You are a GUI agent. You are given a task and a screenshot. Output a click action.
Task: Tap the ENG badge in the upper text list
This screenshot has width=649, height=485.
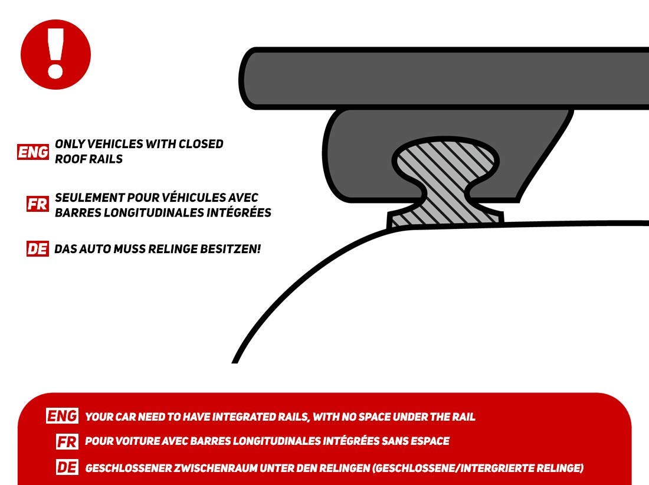(33, 152)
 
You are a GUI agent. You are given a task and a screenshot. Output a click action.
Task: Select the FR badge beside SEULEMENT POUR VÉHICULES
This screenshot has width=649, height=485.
(38, 204)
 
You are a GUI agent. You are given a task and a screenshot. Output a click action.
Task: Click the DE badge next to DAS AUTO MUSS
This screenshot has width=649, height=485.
(38, 249)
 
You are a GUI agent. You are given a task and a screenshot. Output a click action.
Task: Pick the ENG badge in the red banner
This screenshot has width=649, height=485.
(62, 416)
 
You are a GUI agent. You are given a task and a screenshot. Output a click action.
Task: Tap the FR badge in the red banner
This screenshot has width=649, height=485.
(67, 441)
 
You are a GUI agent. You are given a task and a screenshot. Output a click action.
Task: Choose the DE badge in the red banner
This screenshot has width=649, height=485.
(67, 468)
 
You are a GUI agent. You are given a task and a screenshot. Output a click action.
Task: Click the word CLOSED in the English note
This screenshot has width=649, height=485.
(201, 143)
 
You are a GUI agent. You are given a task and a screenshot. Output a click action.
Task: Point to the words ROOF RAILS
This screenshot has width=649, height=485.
(88, 159)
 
